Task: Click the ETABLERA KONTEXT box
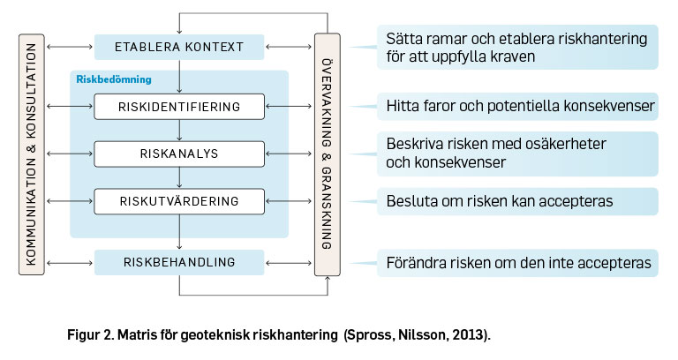(x=179, y=47)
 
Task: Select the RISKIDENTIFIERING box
(x=179, y=106)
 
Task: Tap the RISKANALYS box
(x=179, y=154)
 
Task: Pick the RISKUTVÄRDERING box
(x=179, y=201)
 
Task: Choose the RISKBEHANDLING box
(x=179, y=262)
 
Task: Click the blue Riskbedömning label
(x=114, y=79)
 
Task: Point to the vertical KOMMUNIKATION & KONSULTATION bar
(x=32, y=154)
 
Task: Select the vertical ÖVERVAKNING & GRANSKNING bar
(x=328, y=154)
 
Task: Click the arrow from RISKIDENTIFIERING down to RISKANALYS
(x=179, y=130)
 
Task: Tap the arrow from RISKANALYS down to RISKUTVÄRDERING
(x=179, y=177)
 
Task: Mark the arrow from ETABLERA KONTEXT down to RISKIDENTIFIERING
(x=179, y=77)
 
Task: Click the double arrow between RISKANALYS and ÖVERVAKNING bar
(x=289, y=154)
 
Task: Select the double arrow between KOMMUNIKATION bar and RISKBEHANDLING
(x=70, y=263)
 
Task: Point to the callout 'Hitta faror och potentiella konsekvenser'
(x=517, y=106)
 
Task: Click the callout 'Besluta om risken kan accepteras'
(x=517, y=201)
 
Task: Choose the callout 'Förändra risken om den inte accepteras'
(x=517, y=263)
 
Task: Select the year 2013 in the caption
(x=469, y=335)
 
